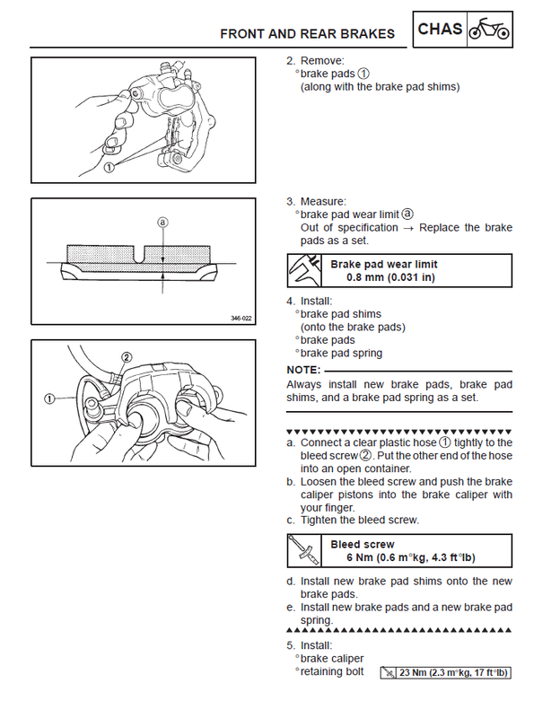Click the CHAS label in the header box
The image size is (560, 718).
441,30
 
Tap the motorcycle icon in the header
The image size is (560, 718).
491,30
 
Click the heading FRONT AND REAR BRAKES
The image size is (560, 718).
308,34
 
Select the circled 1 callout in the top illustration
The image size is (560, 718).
108,167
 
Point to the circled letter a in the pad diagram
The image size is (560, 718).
162,221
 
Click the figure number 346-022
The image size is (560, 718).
241,318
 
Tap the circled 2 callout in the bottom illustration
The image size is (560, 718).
127,358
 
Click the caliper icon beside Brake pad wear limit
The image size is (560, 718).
304,270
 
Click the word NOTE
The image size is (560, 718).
302,370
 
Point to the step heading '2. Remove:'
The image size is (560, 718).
311,61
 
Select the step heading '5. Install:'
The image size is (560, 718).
310,645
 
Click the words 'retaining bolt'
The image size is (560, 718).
332,671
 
